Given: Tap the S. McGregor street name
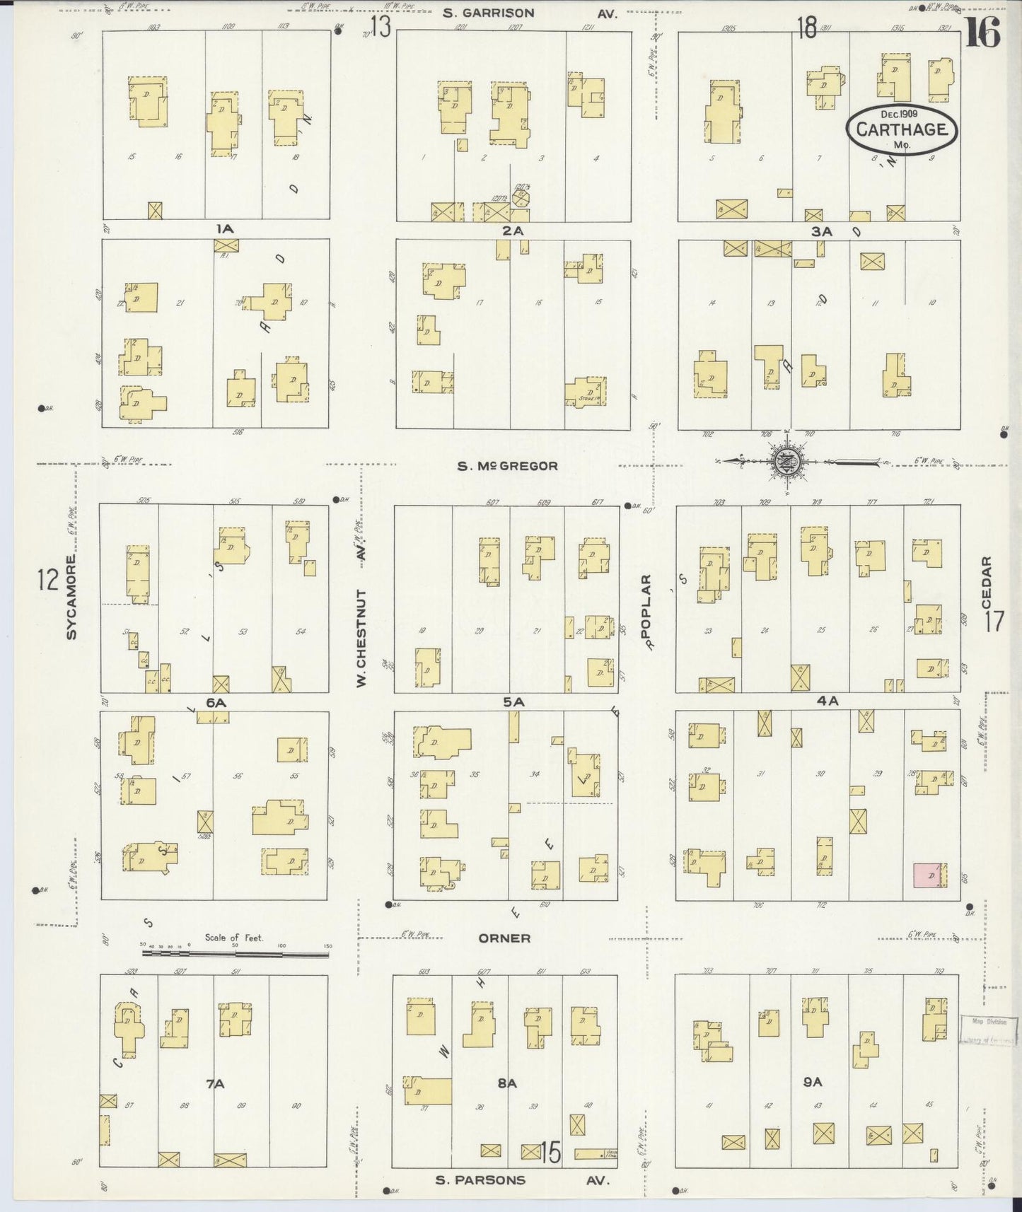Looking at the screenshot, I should click(x=507, y=466).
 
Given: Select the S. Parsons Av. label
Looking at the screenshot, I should click(x=521, y=1179).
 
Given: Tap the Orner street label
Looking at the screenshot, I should click(x=504, y=938).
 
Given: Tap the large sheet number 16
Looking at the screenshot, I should click(x=984, y=31).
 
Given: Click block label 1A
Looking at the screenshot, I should click(x=225, y=229).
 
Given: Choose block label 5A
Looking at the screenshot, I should click(x=513, y=702).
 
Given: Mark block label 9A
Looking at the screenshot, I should click(x=813, y=1082).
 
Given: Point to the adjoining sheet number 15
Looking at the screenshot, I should click(x=550, y=1153).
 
